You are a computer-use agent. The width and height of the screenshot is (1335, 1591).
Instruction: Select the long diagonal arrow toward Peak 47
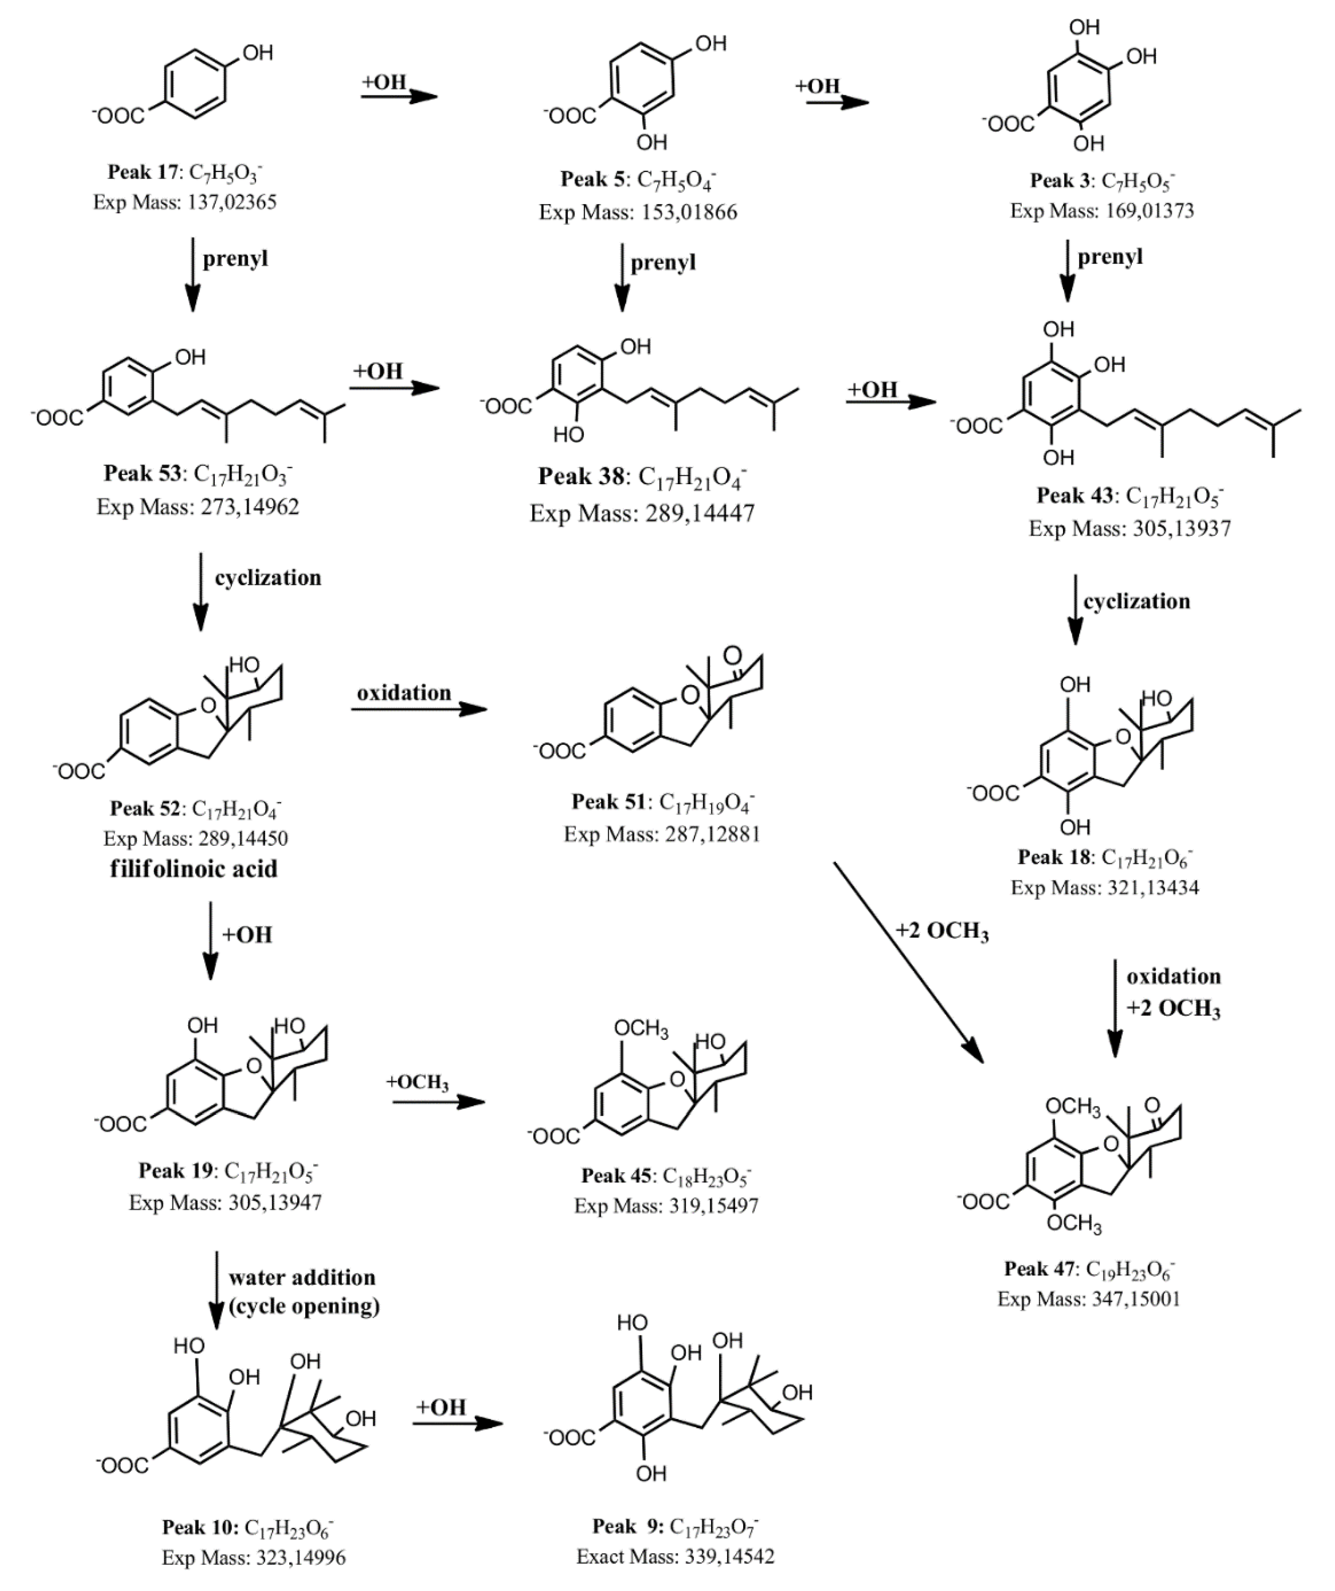tap(909, 962)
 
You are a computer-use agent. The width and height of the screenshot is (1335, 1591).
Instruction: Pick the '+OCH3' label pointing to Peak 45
tap(418, 1082)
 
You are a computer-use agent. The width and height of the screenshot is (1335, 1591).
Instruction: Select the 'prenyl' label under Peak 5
tap(663, 262)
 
